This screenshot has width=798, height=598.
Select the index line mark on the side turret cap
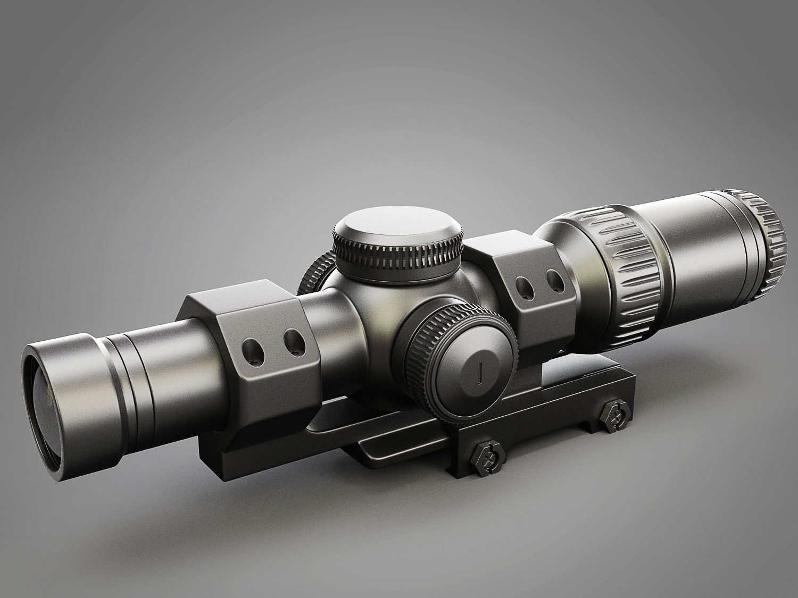point(480,373)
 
